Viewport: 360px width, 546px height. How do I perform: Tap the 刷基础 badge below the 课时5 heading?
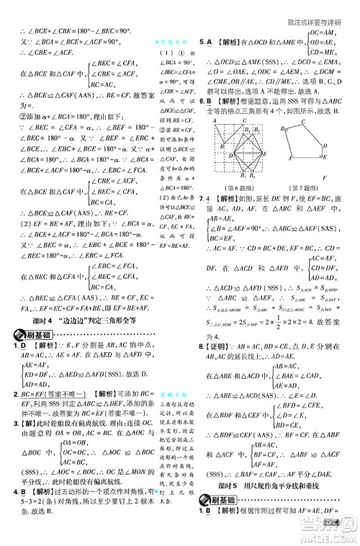point(220,519)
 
